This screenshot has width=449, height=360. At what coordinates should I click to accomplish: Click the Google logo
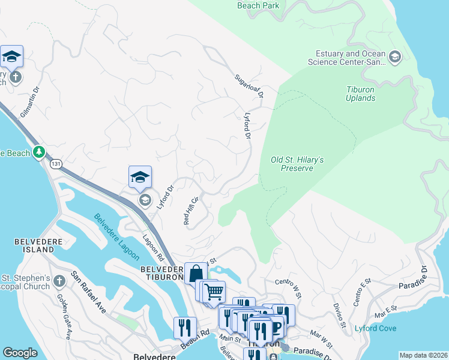[20, 353]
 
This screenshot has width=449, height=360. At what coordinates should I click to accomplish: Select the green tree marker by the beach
[40, 152]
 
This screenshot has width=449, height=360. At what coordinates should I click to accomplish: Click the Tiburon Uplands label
[361, 94]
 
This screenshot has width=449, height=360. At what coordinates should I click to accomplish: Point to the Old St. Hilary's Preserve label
[297, 164]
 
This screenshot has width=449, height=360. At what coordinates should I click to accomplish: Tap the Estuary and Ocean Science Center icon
[395, 58]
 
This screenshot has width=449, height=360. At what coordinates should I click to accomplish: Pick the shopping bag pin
[195, 273]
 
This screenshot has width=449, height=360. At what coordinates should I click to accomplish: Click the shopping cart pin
[214, 292]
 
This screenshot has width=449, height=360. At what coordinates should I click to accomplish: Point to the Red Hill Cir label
[190, 211]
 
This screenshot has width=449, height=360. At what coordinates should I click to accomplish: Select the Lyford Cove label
[375, 328]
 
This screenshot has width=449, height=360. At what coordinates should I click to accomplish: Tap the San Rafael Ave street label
[88, 292]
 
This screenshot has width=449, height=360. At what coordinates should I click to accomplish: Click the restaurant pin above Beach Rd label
[184, 328]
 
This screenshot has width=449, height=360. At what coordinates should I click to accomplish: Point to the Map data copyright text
[423, 355]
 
